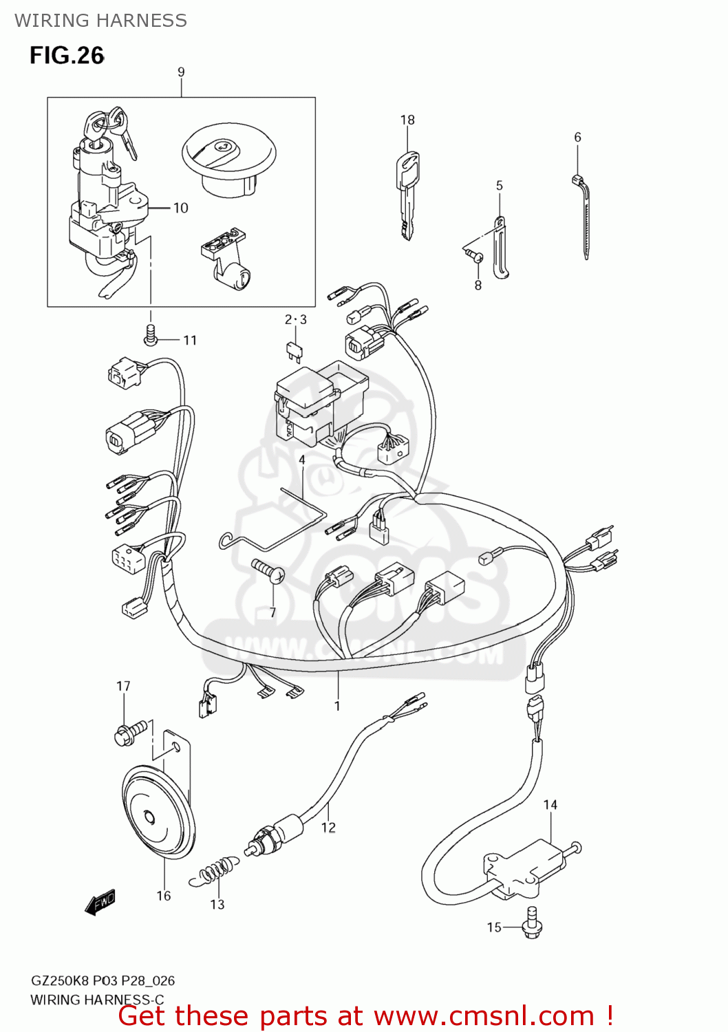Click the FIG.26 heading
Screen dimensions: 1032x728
point(67,55)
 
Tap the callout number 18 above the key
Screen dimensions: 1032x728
point(407,120)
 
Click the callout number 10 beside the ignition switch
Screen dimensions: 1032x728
point(180,208)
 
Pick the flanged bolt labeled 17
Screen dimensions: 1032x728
point(131,731)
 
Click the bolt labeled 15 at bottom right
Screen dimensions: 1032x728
point(531,923)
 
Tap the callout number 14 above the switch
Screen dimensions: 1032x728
point(550,804)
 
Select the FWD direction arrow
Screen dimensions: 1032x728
point(100,903)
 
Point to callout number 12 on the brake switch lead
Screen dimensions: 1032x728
point(328,827)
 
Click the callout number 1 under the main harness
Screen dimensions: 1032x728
point(337,706)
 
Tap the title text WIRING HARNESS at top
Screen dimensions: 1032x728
point(100,21)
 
